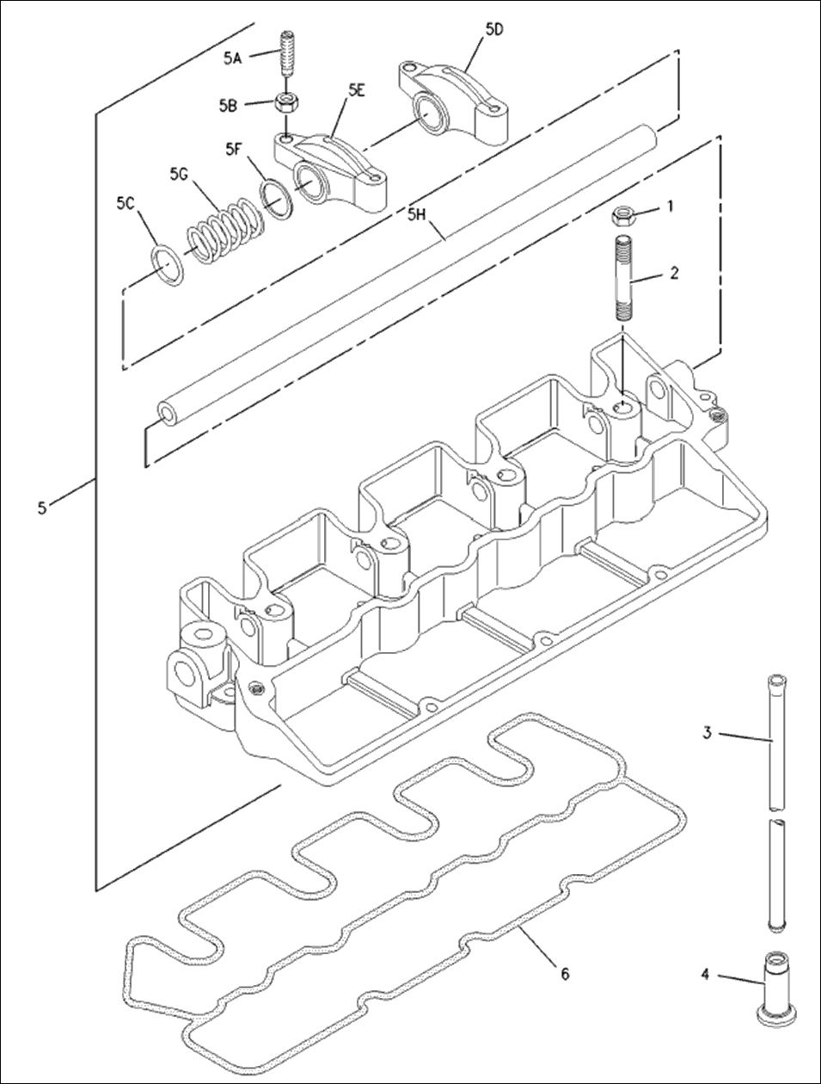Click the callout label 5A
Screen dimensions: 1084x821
tap(232, 59)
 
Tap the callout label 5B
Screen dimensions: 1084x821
tap(227, 106)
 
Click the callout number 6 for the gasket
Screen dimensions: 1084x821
tap(565, 974)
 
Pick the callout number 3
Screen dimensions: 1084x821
tap(707, 733)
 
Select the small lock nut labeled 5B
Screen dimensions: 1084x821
tap(286, 102)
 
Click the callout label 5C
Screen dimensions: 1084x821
tap(126, 203)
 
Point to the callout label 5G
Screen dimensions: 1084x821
tap(178, 173)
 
